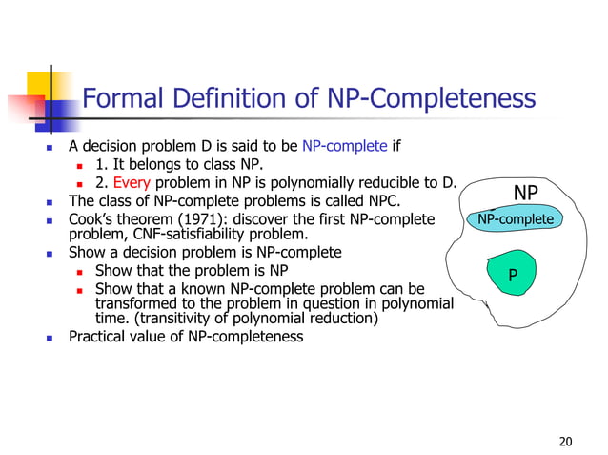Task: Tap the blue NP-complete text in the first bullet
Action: (344, 147)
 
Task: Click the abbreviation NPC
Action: (378, 201)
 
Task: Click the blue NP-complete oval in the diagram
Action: (515, 220)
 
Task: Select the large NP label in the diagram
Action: (525, 194)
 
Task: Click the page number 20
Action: (565, 441)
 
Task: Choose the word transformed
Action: (132, 303)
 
